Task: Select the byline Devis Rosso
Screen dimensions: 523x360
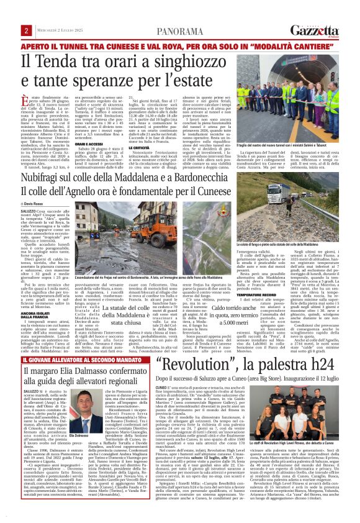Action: [x=35, y=204]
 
